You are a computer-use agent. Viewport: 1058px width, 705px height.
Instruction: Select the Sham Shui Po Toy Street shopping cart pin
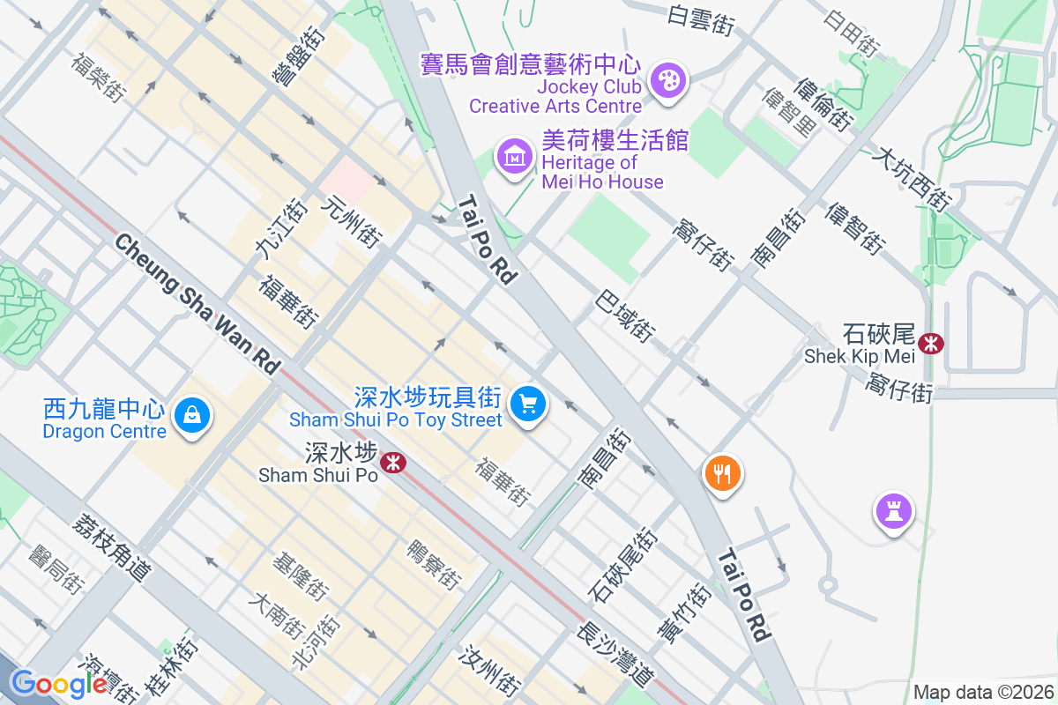528,405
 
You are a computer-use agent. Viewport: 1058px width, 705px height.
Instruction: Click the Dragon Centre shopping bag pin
191,414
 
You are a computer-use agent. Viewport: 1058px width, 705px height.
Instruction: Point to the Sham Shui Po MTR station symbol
392,461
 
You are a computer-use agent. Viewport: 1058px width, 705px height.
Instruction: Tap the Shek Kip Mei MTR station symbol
930,343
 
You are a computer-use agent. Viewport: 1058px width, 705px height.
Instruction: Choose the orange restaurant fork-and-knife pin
722,475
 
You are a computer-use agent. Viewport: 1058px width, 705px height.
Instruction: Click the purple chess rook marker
894,511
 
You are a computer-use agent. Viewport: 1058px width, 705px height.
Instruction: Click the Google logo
60,684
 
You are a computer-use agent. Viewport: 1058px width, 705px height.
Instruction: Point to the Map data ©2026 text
983,692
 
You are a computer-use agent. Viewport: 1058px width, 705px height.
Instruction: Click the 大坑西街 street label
910,179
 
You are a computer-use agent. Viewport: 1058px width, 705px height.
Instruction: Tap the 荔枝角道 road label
111,547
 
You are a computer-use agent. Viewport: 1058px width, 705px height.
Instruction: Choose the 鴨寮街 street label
433,565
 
